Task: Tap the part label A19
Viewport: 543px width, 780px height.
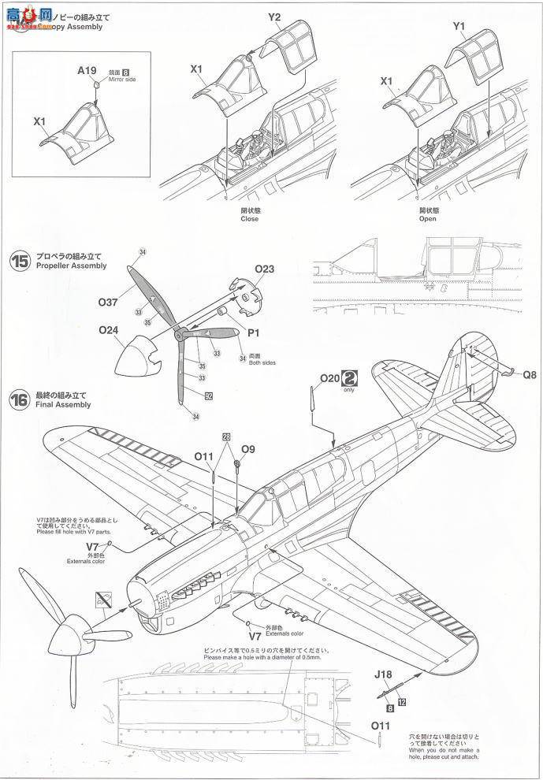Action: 87,70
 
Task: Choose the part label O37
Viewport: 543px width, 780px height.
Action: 108,301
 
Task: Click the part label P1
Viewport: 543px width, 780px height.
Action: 254,332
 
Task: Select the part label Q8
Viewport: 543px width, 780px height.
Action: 528,376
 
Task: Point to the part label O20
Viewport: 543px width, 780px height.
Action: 329,378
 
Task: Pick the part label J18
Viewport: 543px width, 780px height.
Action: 383,673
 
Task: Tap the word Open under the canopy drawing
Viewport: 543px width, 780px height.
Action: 428,219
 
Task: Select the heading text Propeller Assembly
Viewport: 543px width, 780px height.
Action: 71,266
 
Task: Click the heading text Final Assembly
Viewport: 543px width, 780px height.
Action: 63,404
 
